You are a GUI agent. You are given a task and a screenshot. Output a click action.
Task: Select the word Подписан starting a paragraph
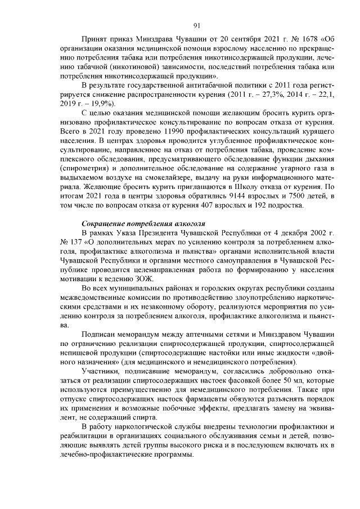(99, 333)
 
